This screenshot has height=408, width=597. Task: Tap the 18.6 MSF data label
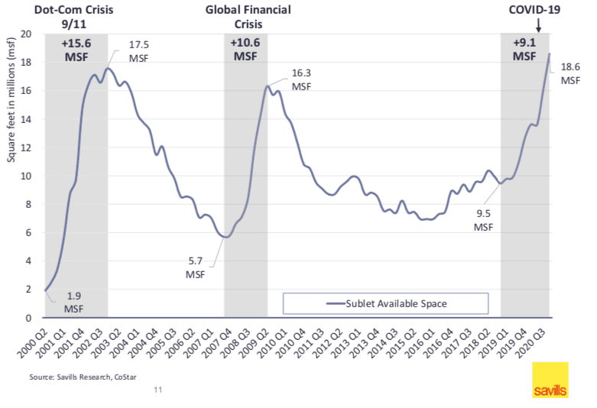571,73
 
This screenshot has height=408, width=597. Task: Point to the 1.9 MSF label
74,303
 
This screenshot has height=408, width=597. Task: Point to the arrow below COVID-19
539,26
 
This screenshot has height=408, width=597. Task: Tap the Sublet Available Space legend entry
387,303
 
